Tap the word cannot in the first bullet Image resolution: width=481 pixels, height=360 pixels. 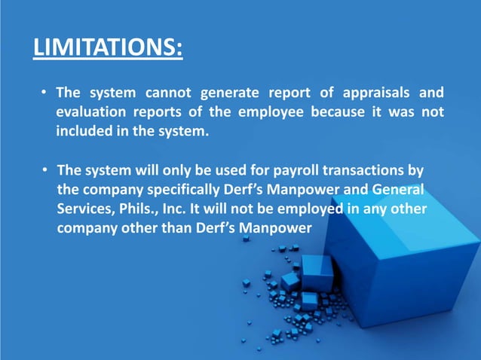click(164, 93)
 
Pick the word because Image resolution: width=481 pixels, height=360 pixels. click(340, 113)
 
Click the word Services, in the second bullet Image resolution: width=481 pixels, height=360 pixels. click(87, 209)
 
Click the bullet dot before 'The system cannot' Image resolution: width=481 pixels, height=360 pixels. click(45, 94)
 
